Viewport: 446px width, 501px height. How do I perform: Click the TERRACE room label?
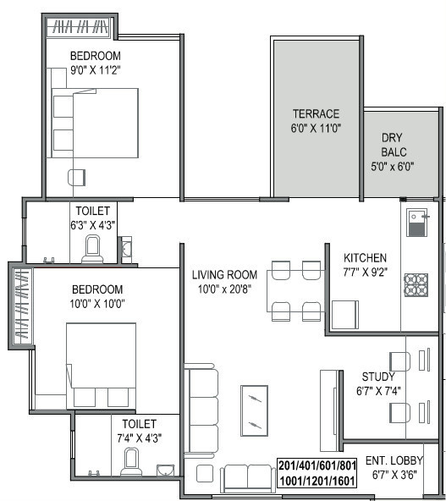click(x=316, y=113)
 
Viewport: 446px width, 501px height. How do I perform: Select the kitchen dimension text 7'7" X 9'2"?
click(x=365, y=273)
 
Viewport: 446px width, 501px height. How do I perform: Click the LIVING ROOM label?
click(x=223, y=274)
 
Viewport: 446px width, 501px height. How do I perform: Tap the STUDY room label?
click(x=377, y=377)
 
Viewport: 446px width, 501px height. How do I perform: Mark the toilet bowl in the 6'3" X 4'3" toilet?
click(x=93, y=249)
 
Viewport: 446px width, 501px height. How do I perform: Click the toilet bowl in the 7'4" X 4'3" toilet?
click(x=131, y=462)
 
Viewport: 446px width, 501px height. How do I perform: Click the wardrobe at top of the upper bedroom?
click(x=80, y=27)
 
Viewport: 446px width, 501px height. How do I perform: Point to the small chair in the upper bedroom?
click(x=77, y=177)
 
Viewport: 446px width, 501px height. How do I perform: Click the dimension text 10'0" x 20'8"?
click(x=224, y=289)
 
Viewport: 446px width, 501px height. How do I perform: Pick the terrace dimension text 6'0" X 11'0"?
click(x=316, y=129)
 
